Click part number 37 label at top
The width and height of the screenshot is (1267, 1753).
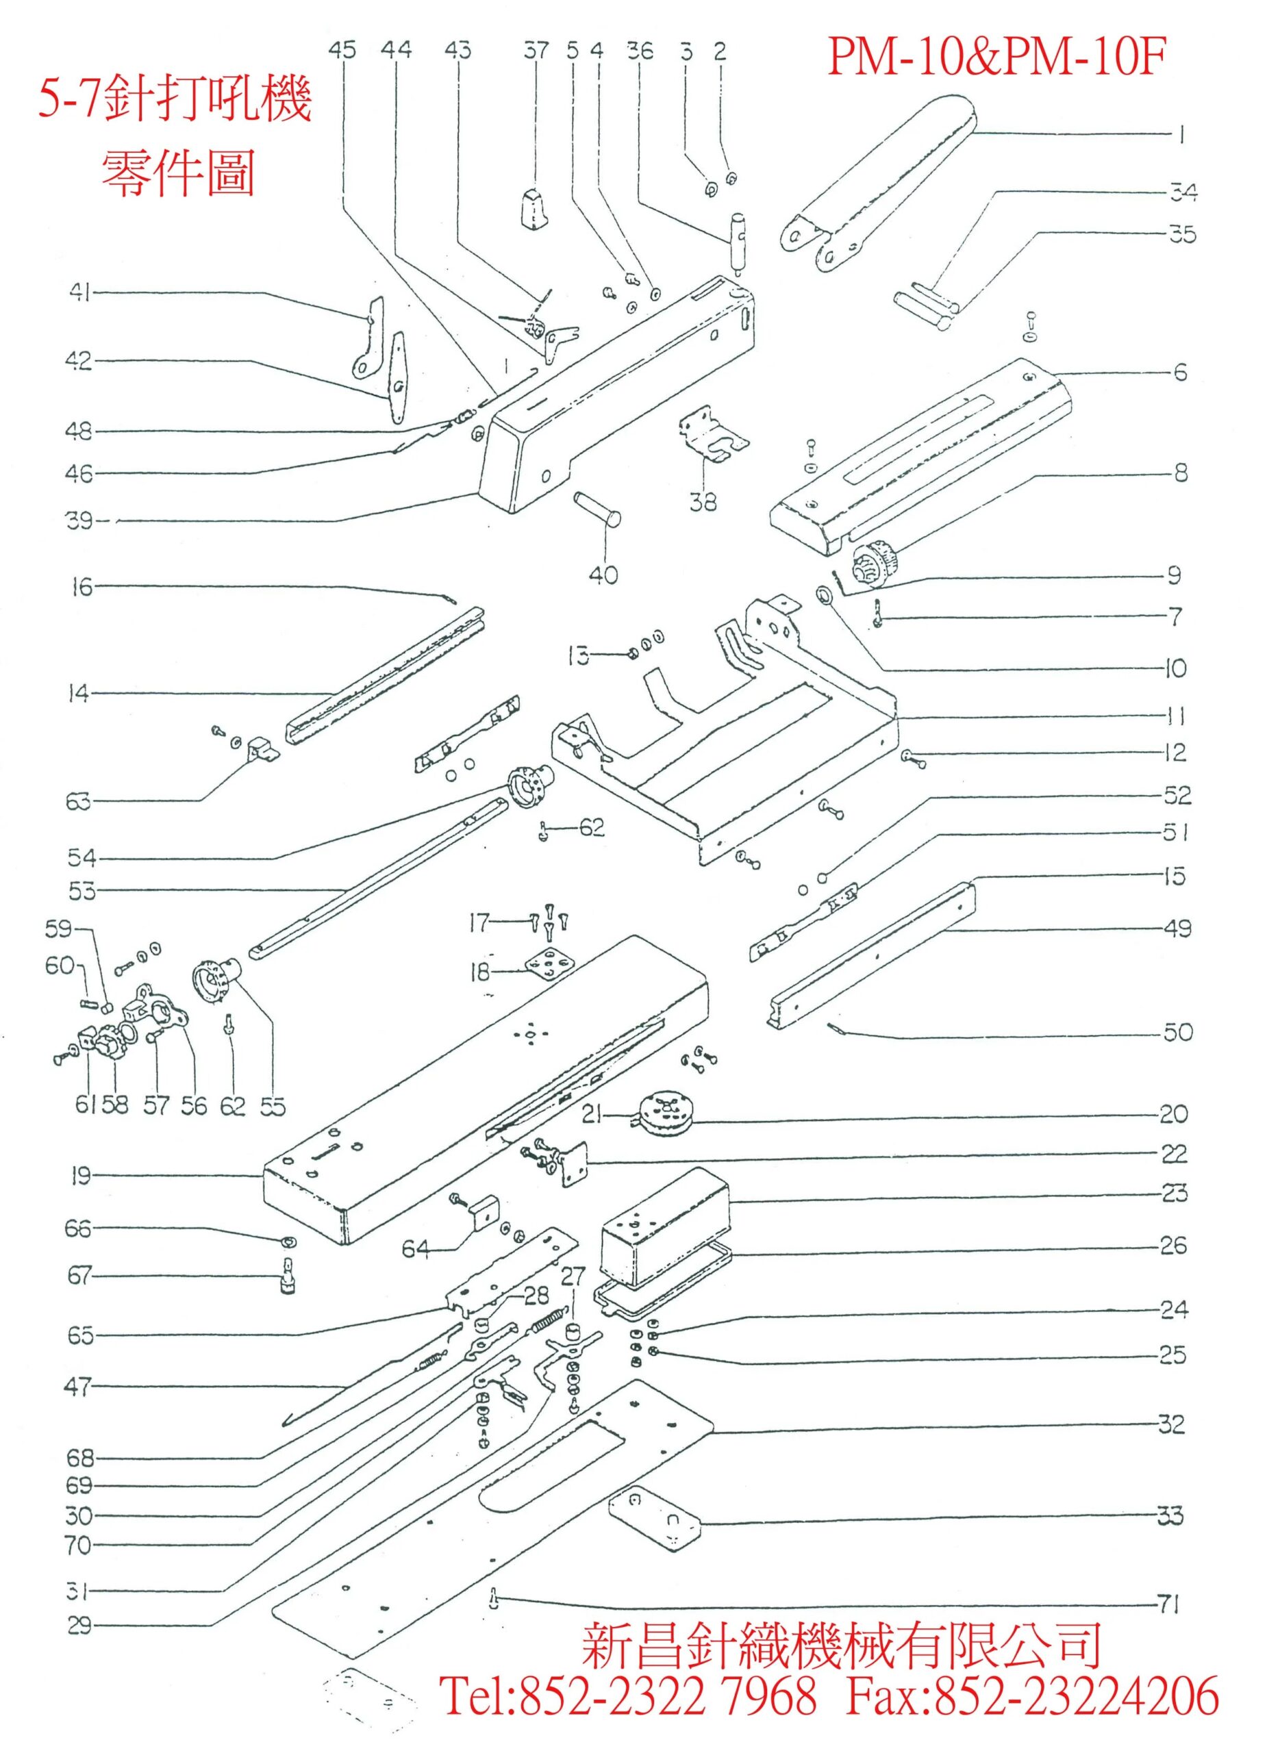(x=535, y=51)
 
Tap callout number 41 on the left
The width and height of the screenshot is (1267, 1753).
(x=79, y=294)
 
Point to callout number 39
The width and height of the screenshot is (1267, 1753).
(x=78, y=522)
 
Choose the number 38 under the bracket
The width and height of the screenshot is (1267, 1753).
(x=703, y=503)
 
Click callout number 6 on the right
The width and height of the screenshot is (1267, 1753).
(x=1179, y=372)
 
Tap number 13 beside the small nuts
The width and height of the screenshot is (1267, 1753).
(x=578, y=656)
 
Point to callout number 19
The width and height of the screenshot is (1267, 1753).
(x=79, y=1176)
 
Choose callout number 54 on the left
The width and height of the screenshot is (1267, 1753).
(x=80, y=857)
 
